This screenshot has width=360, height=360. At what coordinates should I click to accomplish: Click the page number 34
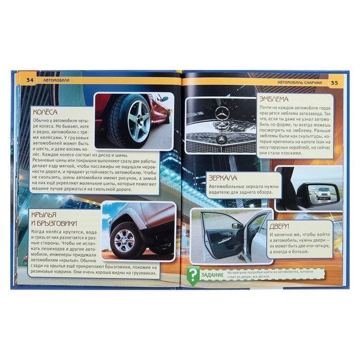tap(29, 80)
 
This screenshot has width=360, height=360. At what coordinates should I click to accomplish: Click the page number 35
tap(334, 83)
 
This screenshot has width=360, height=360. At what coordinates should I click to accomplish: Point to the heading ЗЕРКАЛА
tap(224, 178)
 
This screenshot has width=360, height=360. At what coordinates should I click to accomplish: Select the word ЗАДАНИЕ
tap(212, 276)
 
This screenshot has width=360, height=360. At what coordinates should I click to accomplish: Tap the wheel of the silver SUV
tap(125, 239)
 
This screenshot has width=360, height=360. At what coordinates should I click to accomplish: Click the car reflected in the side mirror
tap(323, 194)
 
